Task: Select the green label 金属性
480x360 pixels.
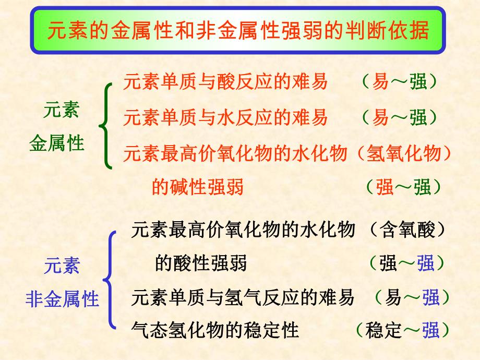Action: [x=57, y=143]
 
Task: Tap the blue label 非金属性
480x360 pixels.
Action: [x=62, y=299]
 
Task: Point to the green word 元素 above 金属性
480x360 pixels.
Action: [x=61, y=111]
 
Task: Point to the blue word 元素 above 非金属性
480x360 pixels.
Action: [x=62, y=266]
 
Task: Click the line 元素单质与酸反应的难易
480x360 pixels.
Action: [x=225, y=82]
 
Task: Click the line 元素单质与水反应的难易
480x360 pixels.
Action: [x=225, y=118]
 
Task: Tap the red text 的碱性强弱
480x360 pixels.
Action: [x=198, y=187]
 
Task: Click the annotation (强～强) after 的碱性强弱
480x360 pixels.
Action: [x=403, y=187]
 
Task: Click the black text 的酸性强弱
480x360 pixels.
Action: [x=201, y=263]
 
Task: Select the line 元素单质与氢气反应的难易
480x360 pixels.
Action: [x=243, y=297]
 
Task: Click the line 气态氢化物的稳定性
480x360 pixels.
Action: [x=215, y=330]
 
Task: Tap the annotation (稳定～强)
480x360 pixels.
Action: [x=401, y=330]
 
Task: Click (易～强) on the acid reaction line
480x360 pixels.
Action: [x=399, y=82]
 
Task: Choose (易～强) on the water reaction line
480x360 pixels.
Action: [x=399, y=118]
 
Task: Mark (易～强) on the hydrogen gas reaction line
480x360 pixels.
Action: [x=412, y=297]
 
